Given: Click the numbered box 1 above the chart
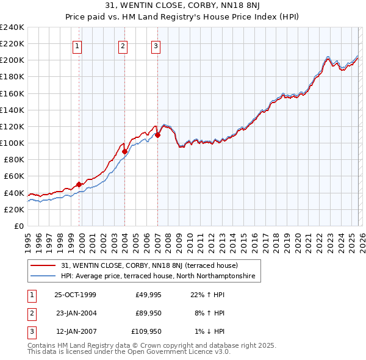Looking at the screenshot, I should [78, 45].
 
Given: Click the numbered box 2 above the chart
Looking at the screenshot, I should [123, 45].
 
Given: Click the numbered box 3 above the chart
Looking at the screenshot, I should [156, 45].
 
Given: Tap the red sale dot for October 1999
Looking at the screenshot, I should [79, 184].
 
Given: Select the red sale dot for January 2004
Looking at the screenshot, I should [124, 151].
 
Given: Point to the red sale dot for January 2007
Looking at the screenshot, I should [157, 135].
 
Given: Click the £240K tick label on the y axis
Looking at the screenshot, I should [12, 27].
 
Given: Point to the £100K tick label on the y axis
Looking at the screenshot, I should [12, 143].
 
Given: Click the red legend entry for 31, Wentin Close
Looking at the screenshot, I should [153, 266].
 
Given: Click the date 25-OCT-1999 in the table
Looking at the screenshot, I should [75, 295].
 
